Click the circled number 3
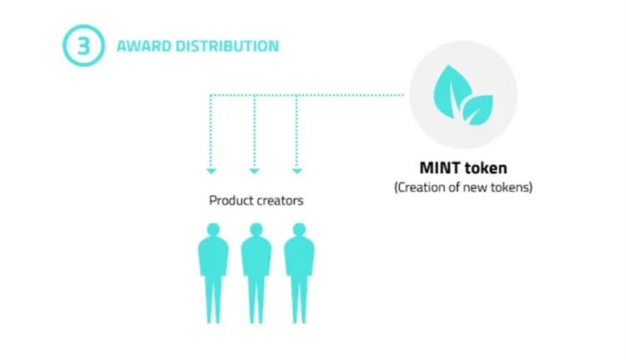[83, 46]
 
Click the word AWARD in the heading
[144, 46]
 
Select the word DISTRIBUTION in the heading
[227, 46]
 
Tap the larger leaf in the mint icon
[452, 92]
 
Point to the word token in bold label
[486, 168]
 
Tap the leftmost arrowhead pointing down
[211, 171]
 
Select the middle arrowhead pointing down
[255, 171]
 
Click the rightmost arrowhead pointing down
[297, 171]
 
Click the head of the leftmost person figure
[214, 230]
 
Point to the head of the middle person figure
[256, 230]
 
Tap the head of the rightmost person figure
[299, 230]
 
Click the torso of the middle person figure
[256, 256]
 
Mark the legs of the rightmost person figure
[299, 299]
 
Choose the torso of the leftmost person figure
[214, 256]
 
